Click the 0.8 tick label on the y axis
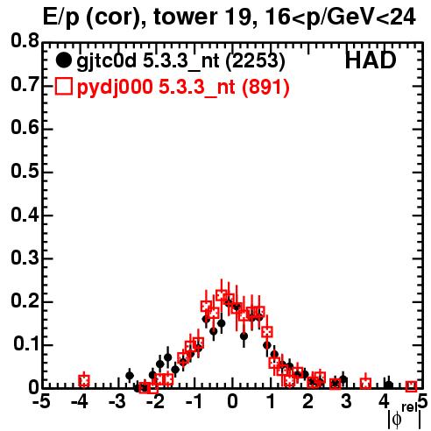pos(25,41)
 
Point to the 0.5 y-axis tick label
pos(25,171)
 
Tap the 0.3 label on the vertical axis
pos(25,258)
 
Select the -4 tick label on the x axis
pos(79,402)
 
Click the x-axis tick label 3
pos(346,402)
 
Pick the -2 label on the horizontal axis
pos(155,402)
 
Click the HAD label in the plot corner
pos(371,60)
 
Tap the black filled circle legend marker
pos(63,60)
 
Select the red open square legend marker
pos(63,87)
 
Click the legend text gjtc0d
pos(107,61)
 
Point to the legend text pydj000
pos(115,87)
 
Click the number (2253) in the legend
pos(256,60)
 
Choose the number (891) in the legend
pos(265,87)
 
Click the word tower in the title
pos(185,17)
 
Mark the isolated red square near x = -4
pos(84,380)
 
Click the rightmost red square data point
pos(411,386)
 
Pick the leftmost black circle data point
pos(130,376)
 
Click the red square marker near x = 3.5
pos(365,383)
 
